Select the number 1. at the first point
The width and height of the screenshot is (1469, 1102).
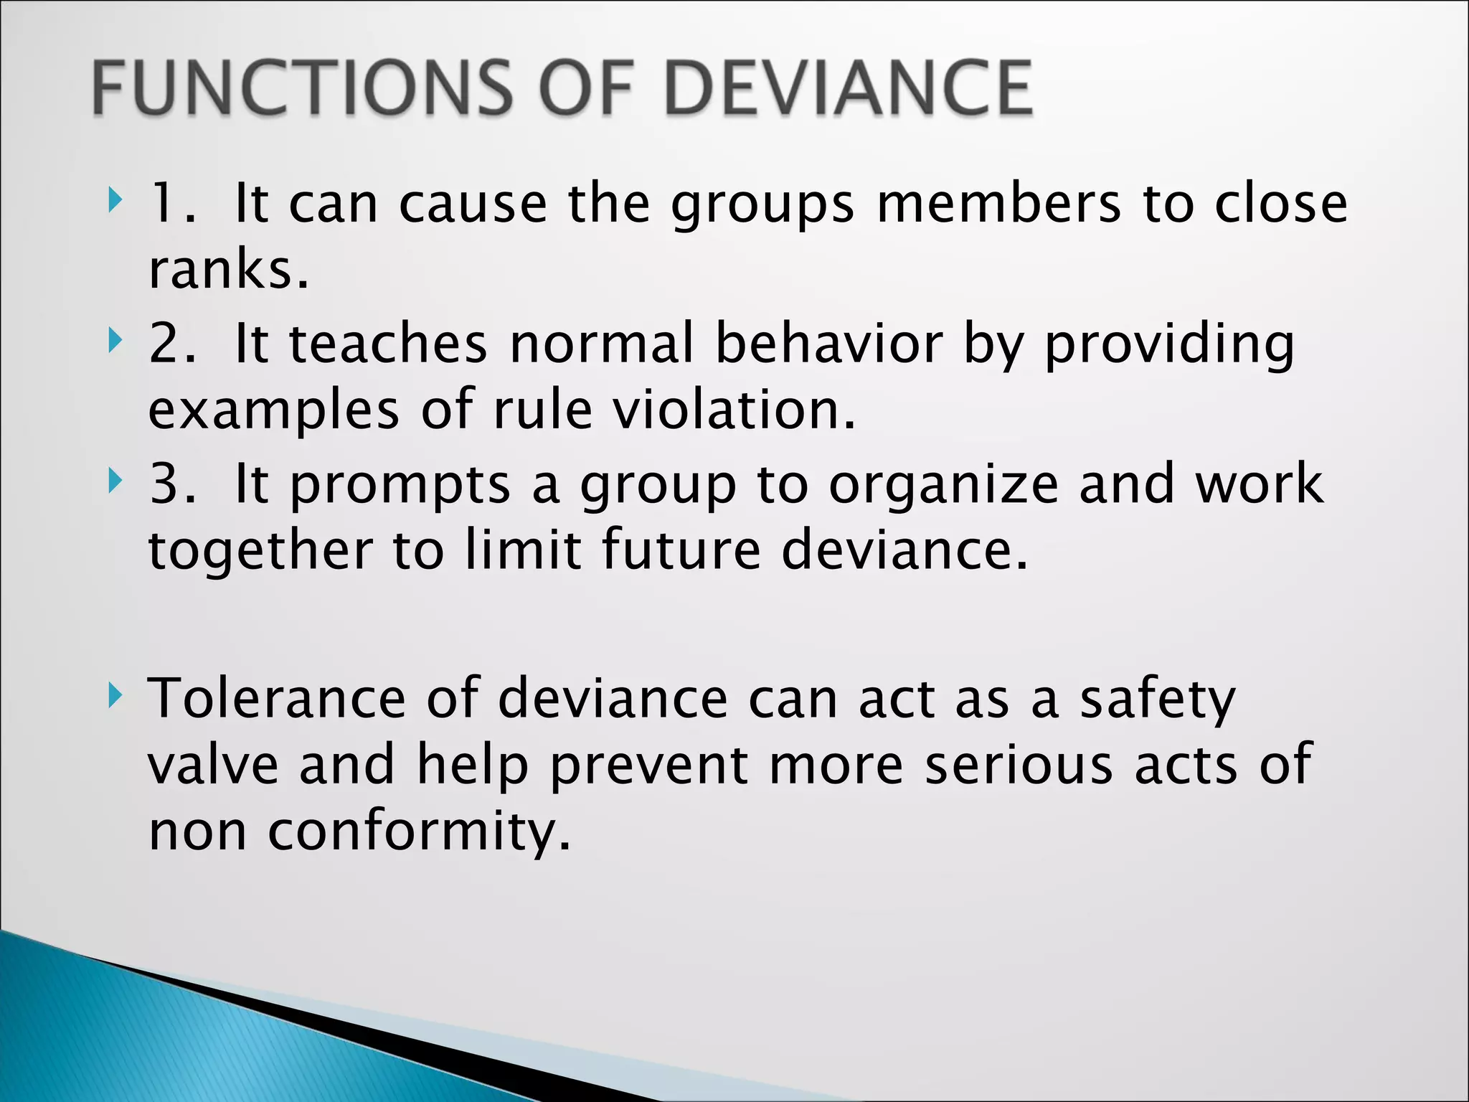172,204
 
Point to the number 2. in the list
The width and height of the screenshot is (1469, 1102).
172,344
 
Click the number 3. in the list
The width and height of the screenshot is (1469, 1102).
172,484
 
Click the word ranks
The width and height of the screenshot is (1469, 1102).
228,270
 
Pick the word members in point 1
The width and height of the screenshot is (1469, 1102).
998,204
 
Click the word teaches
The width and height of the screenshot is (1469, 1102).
388,344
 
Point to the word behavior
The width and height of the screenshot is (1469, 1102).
828,344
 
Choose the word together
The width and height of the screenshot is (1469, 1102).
260,551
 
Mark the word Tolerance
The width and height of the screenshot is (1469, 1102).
277,697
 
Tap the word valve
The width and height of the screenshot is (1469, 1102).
213,764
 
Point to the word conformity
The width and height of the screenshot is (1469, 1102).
420,832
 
